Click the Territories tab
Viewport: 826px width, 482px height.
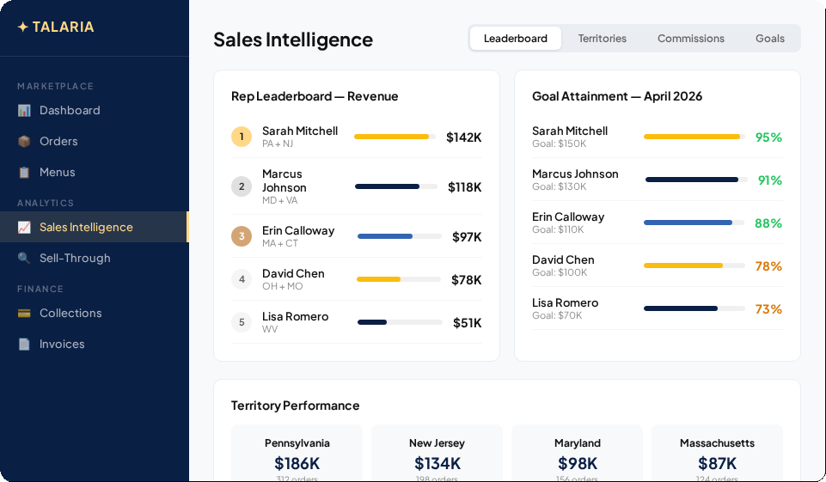click(602, 39)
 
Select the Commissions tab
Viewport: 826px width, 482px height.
click(690, 39)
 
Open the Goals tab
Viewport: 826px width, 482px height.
click(769, 39)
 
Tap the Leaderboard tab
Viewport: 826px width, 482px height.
click(515, 39)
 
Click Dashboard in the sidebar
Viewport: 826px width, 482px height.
click(69, 110)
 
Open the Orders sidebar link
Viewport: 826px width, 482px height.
click(58, 141)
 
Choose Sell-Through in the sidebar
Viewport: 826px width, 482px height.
click(75, 258)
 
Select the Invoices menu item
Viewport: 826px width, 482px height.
click(62, 344)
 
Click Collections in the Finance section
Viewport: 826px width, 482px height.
click(70, 313)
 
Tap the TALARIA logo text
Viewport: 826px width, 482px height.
click(63, 27)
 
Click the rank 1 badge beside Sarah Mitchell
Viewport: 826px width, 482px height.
click(242, 137)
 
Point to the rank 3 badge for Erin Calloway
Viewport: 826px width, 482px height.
click(242, 236)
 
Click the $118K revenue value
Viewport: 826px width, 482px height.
click(464, 186)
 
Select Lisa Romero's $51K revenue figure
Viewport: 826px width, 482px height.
click(467, 322)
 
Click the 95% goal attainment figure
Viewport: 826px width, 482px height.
click(768, 137)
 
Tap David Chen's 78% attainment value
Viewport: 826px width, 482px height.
click(768, 265)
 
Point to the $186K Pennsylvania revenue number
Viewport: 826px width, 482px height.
click(297, 463)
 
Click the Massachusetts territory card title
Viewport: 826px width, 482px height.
click(717, 443)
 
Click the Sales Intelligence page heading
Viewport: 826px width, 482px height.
click(293, 40)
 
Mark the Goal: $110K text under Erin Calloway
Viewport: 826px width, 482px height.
click(558, 229)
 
